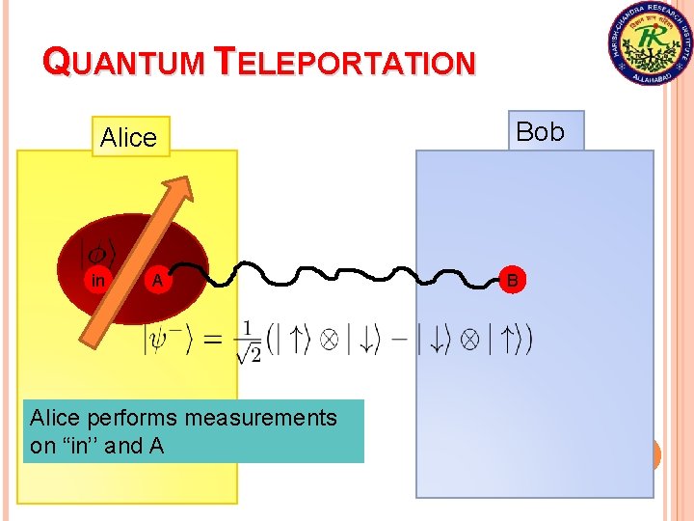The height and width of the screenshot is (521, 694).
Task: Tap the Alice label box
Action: click(128, 138)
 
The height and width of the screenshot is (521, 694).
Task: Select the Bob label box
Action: click(541, 131)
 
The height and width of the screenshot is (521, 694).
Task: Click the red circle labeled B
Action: click(513, 280)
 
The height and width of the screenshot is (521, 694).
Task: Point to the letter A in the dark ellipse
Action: click(156, 281)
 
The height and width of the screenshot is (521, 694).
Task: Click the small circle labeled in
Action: click(98, 281)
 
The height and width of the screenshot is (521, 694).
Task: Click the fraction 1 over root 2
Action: click(248, 341)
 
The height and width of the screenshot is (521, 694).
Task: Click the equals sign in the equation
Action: click(215, 339)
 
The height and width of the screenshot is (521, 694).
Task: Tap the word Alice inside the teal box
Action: click(55, 418)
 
